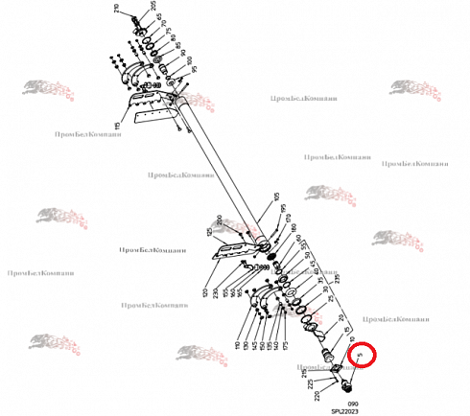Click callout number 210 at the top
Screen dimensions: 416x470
pos(118,12)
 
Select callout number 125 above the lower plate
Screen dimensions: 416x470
pos(208,231)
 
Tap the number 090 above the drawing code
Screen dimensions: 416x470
pos(353,403)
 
